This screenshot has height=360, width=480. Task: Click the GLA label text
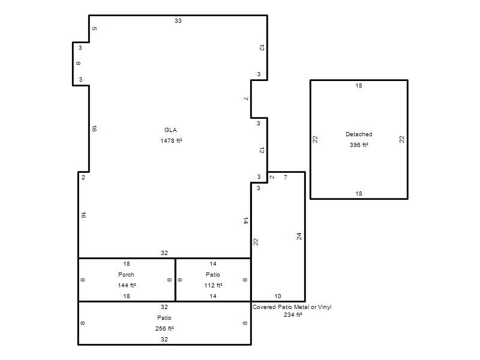pyautogui.click(x=170, y=130)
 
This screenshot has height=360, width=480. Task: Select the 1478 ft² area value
pyautogui.click(x=171, y=141)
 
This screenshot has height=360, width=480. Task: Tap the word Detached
pyautogui.click(x=359, y=134)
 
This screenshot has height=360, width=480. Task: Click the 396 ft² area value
pyautogui.click(x=359, y=145)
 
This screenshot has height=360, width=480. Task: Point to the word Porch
pyautogui.click(x=126, y=275)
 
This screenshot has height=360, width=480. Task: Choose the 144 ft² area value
pyautogui.click(x=127, y=286)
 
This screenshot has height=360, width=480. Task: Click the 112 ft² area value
pyautogui.click(x=213, y=286)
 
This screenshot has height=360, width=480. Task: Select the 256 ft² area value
pyautogui.click(x=164, y=328)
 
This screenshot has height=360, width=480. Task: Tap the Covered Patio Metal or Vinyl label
pyautogui.click(x=292, y=307)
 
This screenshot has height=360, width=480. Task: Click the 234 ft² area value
pyautogui.click(x=293, y=314)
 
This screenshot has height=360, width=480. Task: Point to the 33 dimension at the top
pyautogui.click(x=178, y=21)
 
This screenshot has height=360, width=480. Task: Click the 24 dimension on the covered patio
pyautogui.click(x=299, y=236)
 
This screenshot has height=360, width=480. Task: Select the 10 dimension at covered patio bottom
pyautogui.click(x=278, y=296)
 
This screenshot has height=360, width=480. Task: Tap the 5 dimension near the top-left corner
pyautogui.click(x=94, y=28)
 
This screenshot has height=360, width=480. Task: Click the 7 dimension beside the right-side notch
pyautogui.click(x=246, y=98)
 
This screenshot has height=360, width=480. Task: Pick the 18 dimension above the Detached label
pyautogui.click(x=359, y=86)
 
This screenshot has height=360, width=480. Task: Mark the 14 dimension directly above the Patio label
pyautogui.click(x=213, y=264)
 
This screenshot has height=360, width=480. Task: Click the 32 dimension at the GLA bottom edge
pyautogui.click(x=164, y=253)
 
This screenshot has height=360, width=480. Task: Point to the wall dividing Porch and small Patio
pyautogui.click(x=175, y=280)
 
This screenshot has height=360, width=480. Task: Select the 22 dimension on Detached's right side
pyautogui.click(x=401, y=139)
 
